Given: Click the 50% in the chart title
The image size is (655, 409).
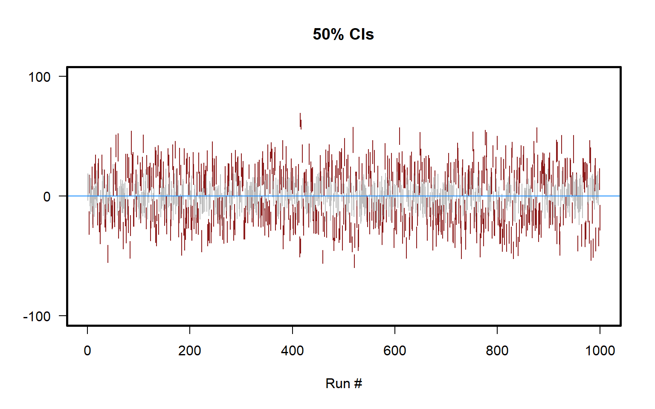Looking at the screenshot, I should pos(328,35).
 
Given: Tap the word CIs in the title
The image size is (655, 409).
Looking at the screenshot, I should pos(361,35).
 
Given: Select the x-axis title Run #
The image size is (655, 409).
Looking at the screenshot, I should pos(344,383).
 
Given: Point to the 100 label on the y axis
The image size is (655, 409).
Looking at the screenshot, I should pos(39,77).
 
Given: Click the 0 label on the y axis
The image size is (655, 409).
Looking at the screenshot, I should pos(47,197).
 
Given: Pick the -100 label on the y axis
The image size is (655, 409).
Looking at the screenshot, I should pos(37,317).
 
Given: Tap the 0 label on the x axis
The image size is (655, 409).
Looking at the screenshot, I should pos(87,351).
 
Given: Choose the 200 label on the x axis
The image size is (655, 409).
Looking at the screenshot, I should pos(190,351).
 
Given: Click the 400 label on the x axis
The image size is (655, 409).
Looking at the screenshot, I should pos(293,351).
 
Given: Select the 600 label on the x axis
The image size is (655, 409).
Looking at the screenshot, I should pos(395,351).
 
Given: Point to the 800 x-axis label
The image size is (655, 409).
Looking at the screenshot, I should pos(497,351).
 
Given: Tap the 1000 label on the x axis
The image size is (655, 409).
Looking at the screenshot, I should pos(600,351).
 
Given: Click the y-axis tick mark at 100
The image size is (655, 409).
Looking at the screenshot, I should pos(63,77).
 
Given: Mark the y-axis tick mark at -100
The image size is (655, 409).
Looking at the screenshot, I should pos(63,316).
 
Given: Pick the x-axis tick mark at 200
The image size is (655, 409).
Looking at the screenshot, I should pos(190,330).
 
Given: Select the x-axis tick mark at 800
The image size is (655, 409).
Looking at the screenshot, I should pos(497,330).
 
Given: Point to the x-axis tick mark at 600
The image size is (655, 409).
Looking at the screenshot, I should pos(395,330).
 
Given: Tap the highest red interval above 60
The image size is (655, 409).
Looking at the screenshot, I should pos(300,120).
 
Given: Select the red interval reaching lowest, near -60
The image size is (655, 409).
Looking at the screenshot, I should pos(354,261).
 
